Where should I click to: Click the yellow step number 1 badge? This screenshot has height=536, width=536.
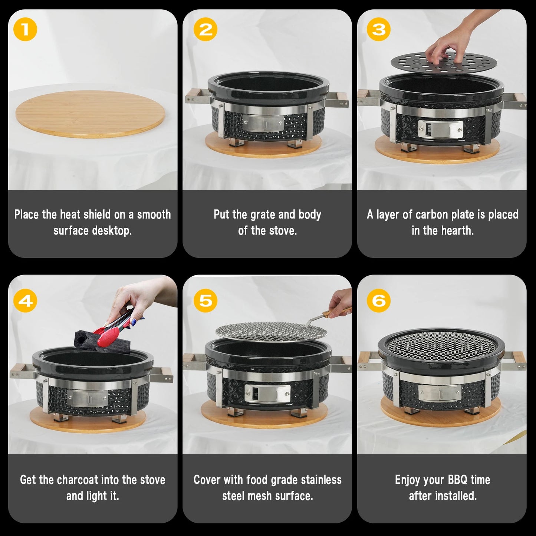tap(25, 29)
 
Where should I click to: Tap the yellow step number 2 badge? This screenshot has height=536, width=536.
tap(205, 29)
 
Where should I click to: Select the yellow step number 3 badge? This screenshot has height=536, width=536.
tap(378, 29)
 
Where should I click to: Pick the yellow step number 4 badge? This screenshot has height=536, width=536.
tap(25, 300)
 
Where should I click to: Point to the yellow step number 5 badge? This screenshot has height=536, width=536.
tap(205, 300)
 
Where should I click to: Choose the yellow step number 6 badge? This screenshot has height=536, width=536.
tap(378, 300)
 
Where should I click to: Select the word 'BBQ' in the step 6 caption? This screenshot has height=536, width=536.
tap(457, 480)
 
